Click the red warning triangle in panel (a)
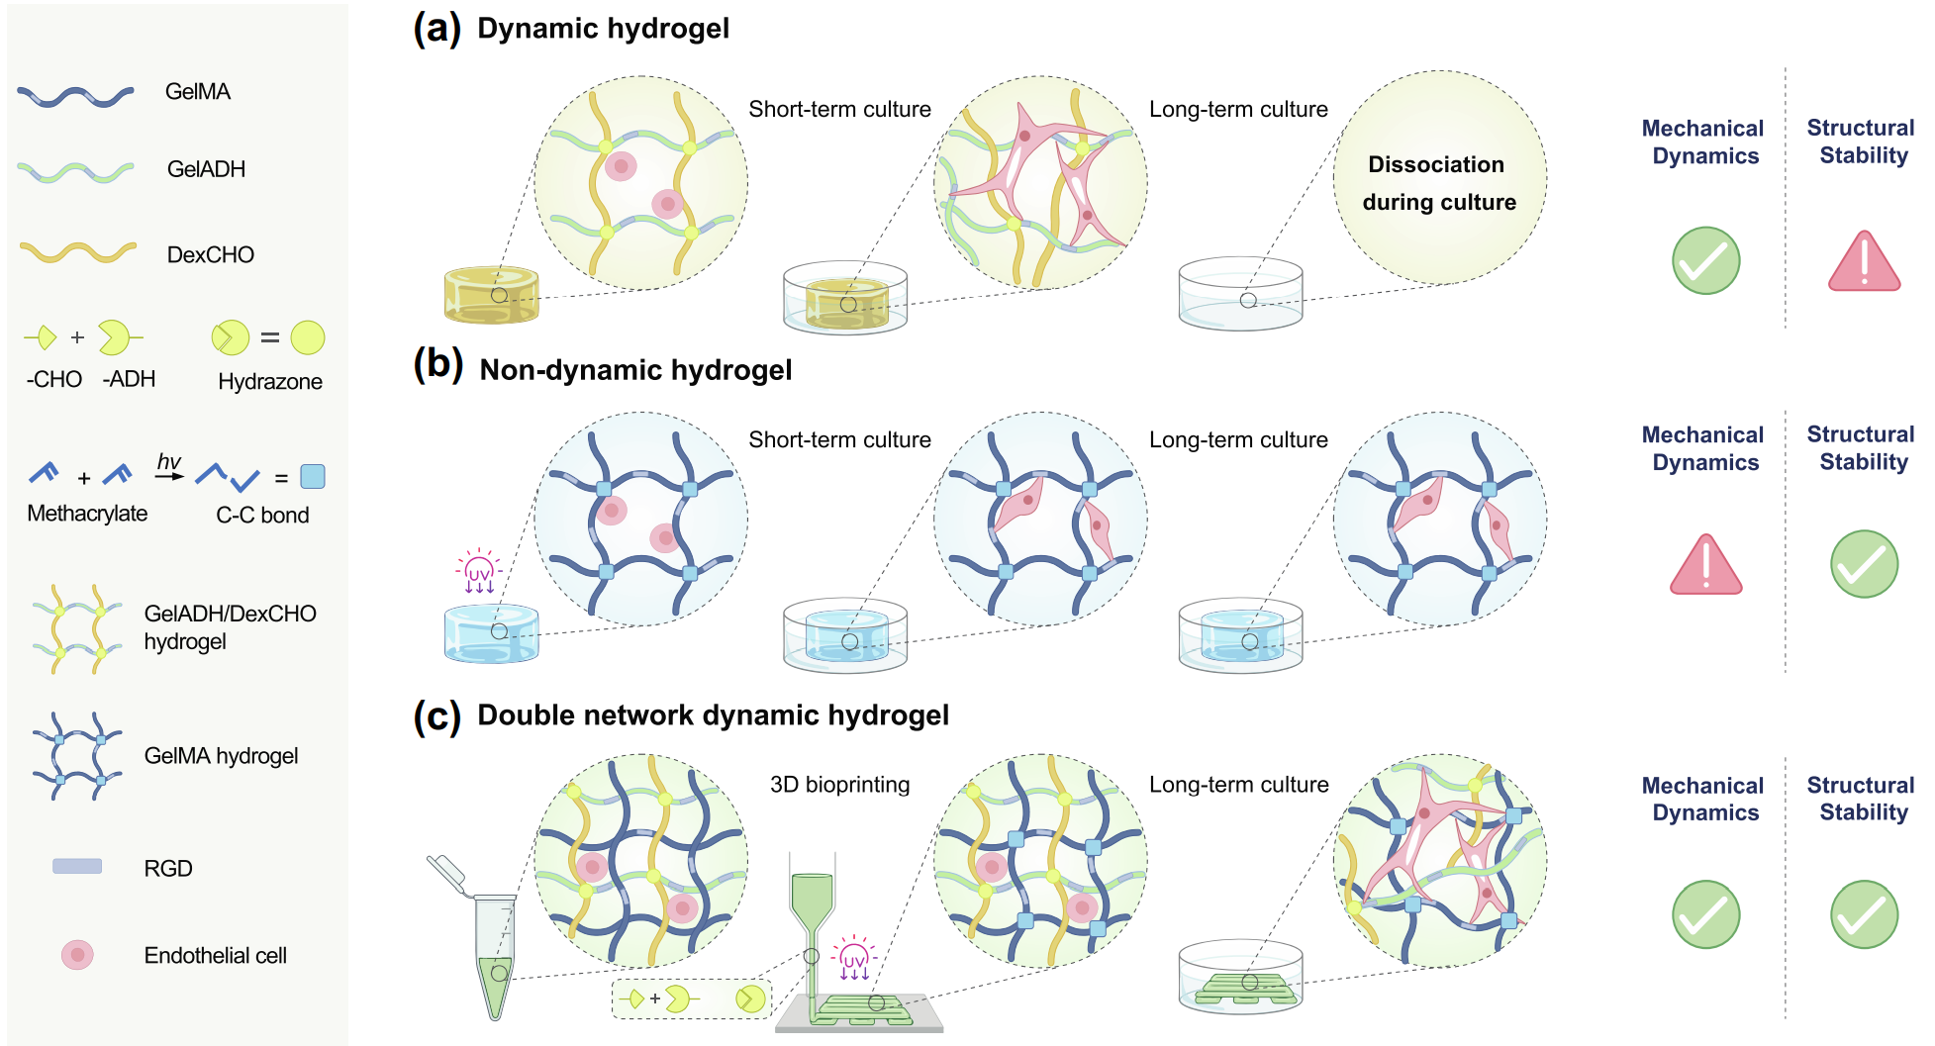point(1864,262)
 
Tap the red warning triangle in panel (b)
point(1705,566)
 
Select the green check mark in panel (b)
point(1864,564)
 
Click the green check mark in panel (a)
point(1705,261)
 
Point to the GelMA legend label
point(198,92)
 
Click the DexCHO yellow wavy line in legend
point(77,252)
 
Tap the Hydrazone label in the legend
point(269,382)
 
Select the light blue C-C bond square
point(313,477)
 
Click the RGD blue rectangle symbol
point(77,867)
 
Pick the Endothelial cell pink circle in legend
point(77,955)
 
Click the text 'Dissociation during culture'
point(1439,183)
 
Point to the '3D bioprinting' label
point(839,785)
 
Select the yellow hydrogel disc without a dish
point(491,295)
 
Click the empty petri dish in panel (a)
point(1240,294)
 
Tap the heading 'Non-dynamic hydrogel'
point(635,370)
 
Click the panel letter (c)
point(436,715)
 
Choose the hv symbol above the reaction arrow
point(169,461)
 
